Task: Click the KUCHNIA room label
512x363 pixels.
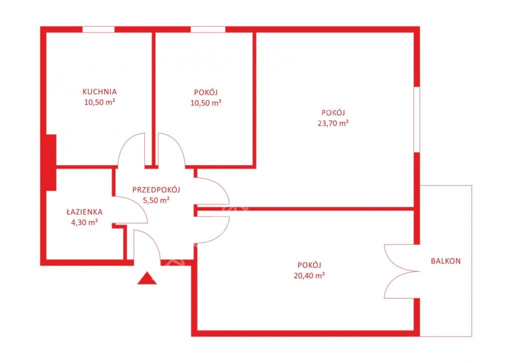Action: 99,92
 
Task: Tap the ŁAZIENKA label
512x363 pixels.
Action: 84,212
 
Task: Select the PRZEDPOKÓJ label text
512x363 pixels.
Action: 156,189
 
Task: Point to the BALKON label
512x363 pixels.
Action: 445,261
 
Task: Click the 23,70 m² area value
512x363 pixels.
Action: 333,123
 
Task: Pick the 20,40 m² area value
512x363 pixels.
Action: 309,275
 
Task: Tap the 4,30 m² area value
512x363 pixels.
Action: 85,223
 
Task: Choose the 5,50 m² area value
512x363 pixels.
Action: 156,200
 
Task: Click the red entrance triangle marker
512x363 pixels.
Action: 146,278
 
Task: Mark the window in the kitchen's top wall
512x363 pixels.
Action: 98,30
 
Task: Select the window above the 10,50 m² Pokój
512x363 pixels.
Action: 208,30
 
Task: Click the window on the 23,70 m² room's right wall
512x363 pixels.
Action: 416,119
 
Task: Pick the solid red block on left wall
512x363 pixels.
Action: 50,163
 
